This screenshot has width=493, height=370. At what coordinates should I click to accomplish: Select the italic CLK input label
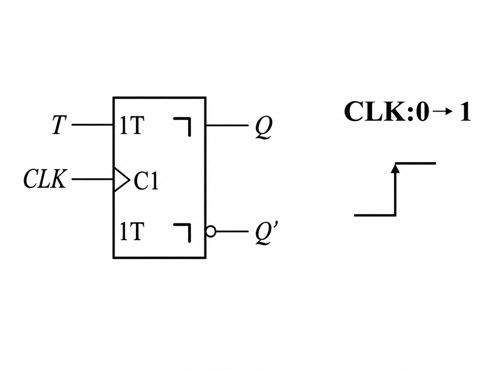[x=45, y=179]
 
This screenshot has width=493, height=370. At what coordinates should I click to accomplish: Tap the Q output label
[x=264, y=127]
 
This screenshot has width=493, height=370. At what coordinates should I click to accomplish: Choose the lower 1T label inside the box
[x=132, y=231]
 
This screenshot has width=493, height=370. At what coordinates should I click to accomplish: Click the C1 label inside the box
[x=146, y=181]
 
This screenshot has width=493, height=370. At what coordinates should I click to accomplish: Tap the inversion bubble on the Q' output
[x=211, y=231]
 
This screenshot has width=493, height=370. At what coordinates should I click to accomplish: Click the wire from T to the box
[x=92, y=125]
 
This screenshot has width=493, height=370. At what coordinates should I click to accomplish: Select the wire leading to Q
[x=227, y=125]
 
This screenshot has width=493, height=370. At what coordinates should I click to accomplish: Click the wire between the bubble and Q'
[x=232, y=231]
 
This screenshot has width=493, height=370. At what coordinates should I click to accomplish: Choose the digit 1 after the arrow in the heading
[x=465, y=111]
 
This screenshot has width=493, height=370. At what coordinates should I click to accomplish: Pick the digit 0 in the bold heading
[x=421, y=111]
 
